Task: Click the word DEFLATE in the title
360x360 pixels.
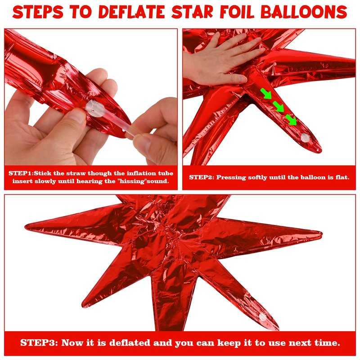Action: tap(131, 12)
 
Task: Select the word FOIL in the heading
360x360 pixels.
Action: tap(237, 12)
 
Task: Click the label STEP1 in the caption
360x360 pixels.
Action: tap(21, 173)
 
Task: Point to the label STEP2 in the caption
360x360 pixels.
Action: tap(201, 177)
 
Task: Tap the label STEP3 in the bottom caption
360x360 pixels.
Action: tap(38, 343)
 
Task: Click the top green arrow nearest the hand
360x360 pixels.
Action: tap(266, 94)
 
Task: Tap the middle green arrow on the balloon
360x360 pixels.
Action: tap(279, 107)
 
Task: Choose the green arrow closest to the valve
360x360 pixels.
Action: tap(291, 120)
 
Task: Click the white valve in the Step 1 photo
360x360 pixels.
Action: tap(95, 108)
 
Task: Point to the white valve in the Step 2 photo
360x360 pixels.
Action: tap(305, 138)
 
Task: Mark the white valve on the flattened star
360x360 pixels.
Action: tap(263, 317)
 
